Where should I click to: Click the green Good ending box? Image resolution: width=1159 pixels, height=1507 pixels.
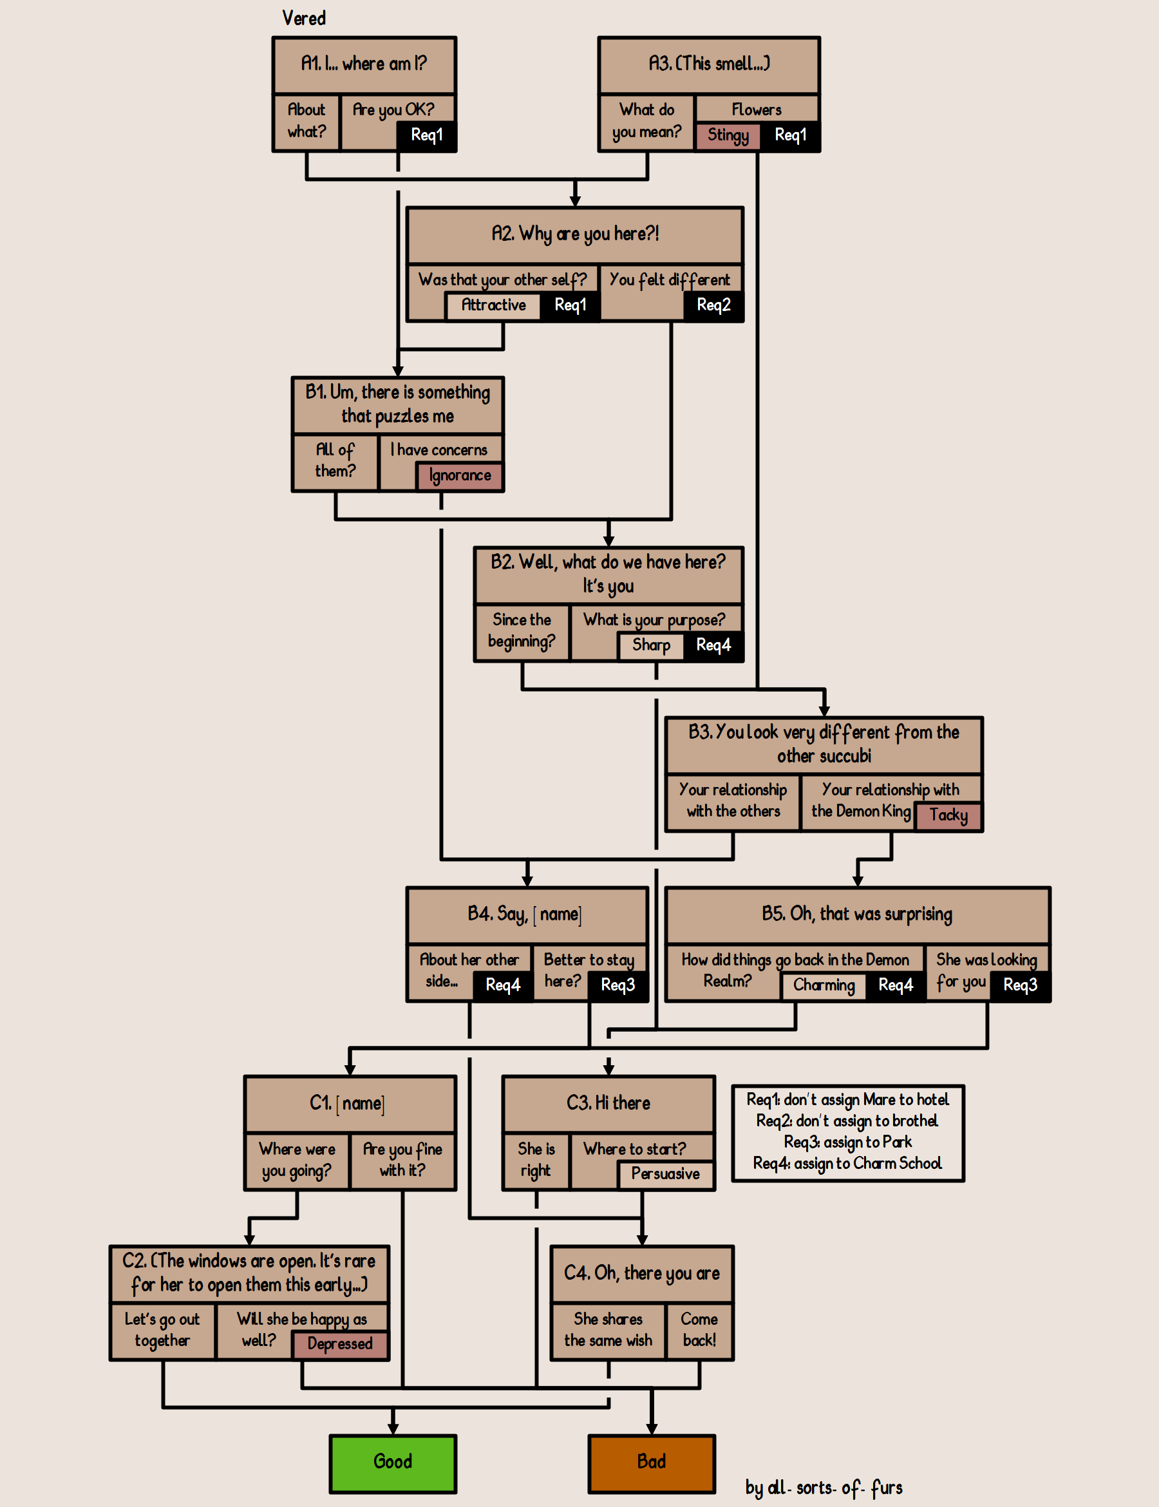pyautogui.click(x=393, y=1463)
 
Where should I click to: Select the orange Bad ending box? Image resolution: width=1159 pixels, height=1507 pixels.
pyautogui.click(x=651, y=1463)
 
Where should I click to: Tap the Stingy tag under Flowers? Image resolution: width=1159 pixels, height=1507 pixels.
pyautogui.click(x=728, y=135)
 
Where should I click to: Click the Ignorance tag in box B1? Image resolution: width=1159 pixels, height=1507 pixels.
pyautogui.click(x=460, y=475)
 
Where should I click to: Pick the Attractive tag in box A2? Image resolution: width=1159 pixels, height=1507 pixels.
pyautogui.click(x=493, y=305)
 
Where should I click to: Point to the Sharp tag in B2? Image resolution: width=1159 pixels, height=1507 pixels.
pyautogui.click(x=650, y=645)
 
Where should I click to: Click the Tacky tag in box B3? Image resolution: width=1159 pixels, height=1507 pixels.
pyautogui.click(x=948, y=815)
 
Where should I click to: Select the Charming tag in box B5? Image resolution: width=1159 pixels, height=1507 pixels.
pyautogui.click(x=824, y=985)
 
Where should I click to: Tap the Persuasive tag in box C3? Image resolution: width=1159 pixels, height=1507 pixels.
pyautogui.click(x=665, y=1173)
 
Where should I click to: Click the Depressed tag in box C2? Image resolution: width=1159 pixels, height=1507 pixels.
pyautogui.click(x=339, y=1344)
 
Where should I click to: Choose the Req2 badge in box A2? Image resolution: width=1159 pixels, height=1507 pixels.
pyautogui.click(x=713, y=305)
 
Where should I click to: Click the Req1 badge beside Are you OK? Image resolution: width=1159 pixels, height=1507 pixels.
pyautogui.click(x=426, y=135)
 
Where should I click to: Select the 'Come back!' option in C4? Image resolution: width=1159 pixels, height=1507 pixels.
pyautogui.click(x=699, y=1330)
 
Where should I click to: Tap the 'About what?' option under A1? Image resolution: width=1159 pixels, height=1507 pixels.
pyautogui.click(x=306, y=121)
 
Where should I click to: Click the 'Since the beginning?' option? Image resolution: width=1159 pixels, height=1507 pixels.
pyautogui.click(x=522, y=630)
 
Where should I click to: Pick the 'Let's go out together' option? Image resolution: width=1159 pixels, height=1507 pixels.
pyautogui.click(x=162, y=1330)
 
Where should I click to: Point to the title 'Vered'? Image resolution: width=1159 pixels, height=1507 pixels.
pyautogui.click(x=303, y=19)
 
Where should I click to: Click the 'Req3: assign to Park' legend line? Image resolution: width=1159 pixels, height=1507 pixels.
pyautogui.click(x=847, y=1142)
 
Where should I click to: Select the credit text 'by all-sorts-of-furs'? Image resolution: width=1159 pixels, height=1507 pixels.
pyautogui.click(x=823, y=1488)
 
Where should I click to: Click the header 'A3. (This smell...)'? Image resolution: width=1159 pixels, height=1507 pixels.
pyautogui.click(x=708, y=64)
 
